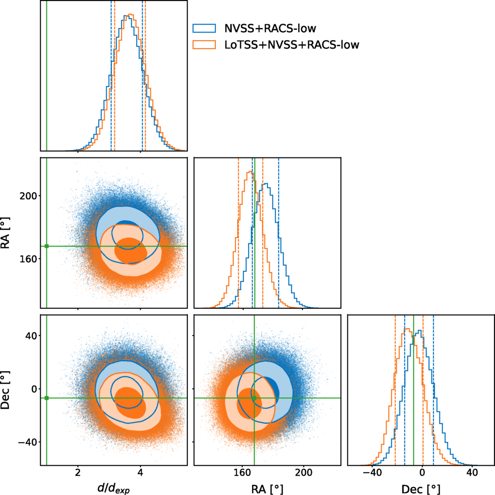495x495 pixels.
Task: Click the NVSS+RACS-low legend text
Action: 270,27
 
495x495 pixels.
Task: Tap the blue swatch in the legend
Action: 204,27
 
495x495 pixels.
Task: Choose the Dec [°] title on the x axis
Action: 422,488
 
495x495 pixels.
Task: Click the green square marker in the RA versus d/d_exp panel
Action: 47,246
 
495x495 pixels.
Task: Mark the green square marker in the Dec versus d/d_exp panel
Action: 47,398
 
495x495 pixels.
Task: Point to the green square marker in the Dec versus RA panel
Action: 254,398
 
